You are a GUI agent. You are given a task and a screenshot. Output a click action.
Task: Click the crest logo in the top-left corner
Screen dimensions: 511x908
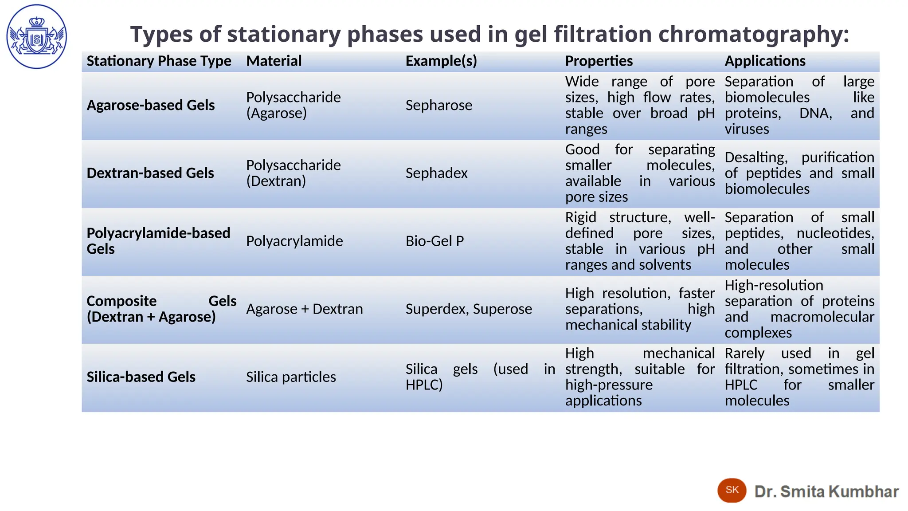click(37, 37)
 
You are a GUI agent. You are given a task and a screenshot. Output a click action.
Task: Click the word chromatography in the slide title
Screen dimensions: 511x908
click(753, 35)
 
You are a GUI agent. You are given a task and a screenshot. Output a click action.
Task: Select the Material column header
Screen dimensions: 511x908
click(274, 61)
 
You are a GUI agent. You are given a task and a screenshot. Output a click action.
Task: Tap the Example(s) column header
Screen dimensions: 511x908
click(441, 61)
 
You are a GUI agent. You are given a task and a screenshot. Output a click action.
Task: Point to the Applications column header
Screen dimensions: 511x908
click(765, 61)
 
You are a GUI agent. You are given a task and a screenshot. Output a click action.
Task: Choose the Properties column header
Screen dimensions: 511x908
click(599, 61)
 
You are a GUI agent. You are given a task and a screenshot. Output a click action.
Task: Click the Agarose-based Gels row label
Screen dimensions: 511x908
click(151, 105)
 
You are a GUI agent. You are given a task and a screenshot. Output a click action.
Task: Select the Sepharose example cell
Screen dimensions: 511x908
click(438, 105)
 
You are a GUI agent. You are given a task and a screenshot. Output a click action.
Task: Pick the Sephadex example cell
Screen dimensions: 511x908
click(436, 173)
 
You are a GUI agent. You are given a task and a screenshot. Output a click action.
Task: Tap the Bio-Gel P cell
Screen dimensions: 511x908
click(434, 241)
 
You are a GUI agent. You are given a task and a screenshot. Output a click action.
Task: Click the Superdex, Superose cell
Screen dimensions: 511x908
click(469, 309)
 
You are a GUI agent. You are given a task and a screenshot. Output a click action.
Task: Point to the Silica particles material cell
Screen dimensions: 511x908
click(291, 377)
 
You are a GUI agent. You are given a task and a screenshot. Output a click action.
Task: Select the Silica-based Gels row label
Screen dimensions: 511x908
click(141, 377)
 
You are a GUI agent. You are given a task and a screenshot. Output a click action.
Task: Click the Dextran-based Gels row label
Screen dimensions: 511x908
click(150, 173)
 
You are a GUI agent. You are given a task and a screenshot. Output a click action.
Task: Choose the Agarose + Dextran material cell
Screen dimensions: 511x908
click(304, 309)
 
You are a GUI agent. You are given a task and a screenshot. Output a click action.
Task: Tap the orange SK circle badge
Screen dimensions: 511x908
click(732, 490)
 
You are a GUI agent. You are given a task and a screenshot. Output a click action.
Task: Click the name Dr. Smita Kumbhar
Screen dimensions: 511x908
click(826, 491)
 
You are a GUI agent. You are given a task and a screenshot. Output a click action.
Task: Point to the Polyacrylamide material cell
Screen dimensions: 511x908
click(294, 241)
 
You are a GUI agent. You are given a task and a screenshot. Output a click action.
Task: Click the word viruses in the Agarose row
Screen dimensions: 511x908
click(747, 129)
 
